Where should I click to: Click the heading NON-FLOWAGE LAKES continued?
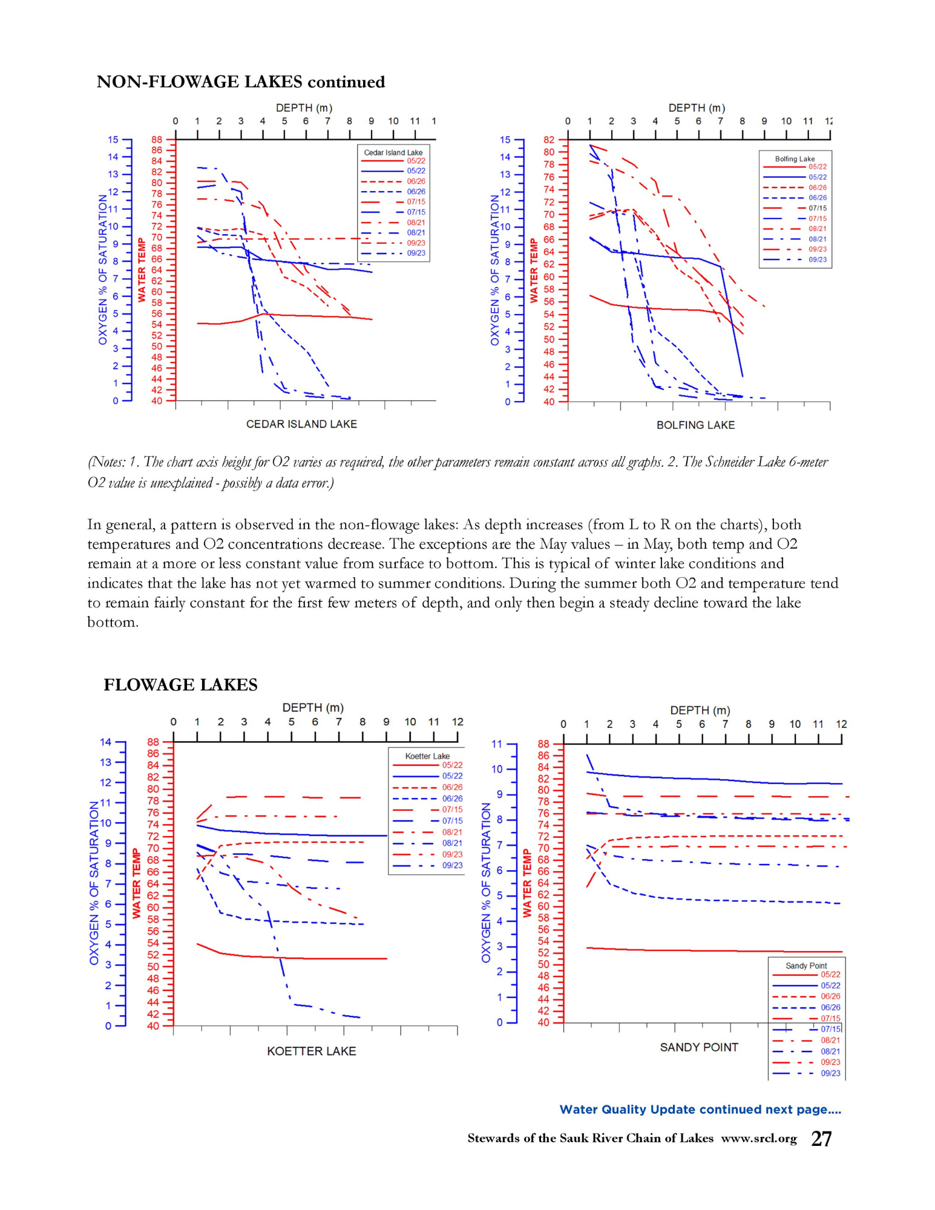(x=240, y=82)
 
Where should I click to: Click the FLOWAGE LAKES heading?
(x=180, y=684)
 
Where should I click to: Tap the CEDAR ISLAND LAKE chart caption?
(x=301, y=424)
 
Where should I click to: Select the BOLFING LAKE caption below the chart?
(x=695, y=425)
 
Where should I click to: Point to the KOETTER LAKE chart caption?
(x=311, y=1051)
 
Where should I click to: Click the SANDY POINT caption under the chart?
(x=699, y=1047)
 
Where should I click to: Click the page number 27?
(x=821, y=1139)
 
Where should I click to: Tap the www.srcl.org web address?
(x=759, y=1138)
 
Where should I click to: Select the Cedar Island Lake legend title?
(x=393, y=152)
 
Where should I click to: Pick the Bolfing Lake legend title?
(x=795, y=159)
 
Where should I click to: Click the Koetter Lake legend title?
(x=427, y=756)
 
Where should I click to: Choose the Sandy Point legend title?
(x=806, y=966)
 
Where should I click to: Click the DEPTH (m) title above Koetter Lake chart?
(x=313, y=707)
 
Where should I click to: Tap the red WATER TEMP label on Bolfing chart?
(x=534, y=270)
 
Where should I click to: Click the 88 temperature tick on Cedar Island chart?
(x=157, y=140)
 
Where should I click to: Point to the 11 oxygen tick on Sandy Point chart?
(x=497, y=744)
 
